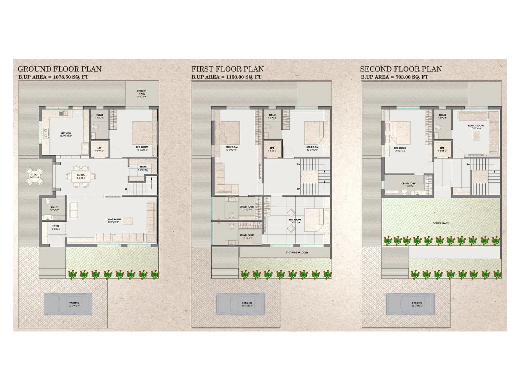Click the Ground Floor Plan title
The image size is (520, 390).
(59, 69)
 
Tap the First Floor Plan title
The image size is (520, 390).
(227, 69)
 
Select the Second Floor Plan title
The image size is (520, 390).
(401, 69)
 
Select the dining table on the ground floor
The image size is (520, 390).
(81, 176)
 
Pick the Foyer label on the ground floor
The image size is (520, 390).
(56, 227)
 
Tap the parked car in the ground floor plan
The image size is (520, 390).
(68, 304)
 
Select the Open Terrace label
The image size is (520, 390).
(440, 223)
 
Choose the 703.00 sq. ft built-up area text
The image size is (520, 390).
(395, 77)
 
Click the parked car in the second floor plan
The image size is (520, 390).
(410, 304)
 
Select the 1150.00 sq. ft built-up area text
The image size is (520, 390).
(227, 77)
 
